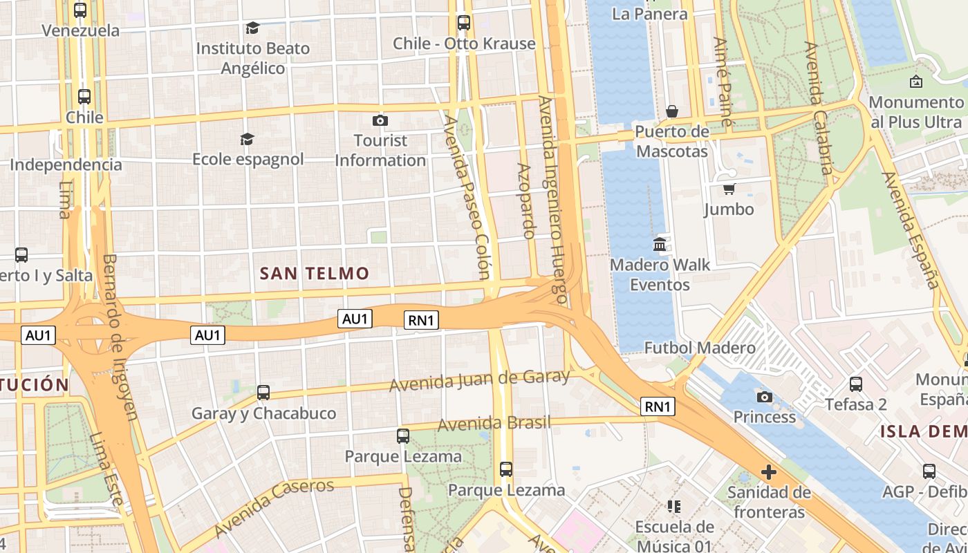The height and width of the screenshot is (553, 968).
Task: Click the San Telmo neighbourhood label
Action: (315, 273)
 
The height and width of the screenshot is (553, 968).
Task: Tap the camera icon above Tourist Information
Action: (380, 121)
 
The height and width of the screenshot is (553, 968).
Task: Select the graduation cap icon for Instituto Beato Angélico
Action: (252, 28)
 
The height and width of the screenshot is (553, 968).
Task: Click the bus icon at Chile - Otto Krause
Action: (463, 23)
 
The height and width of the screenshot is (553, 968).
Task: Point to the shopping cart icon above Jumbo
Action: (729, 189)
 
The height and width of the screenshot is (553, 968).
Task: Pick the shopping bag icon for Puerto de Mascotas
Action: (671, 111)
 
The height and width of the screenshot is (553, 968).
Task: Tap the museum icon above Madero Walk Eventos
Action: (660, 245)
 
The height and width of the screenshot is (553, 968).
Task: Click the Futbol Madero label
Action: (700, 347)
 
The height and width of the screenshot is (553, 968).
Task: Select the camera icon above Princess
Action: (765, 397)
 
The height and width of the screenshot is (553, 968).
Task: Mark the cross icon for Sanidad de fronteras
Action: (768, 473)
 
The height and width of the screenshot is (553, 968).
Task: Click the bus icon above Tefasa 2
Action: (856, 384)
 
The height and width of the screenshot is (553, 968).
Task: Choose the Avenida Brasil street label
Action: (494, 422)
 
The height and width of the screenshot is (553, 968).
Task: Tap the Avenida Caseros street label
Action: (274, 507)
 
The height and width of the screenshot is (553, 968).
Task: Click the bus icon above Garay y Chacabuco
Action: (263, 393)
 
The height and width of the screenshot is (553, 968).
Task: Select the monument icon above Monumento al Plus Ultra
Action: (916, 82)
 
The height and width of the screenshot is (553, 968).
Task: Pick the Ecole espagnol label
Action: (248, 159)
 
